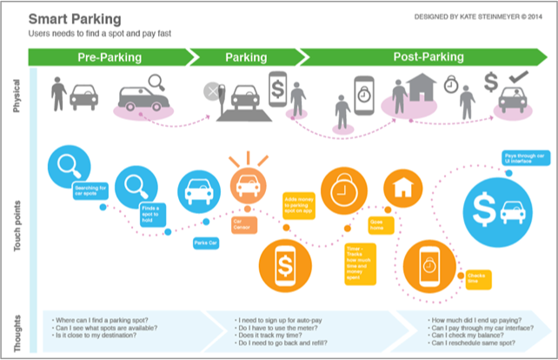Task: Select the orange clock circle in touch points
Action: point(345,189)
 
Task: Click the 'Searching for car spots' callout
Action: point(90,191)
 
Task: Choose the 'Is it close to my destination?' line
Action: point(98,335)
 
